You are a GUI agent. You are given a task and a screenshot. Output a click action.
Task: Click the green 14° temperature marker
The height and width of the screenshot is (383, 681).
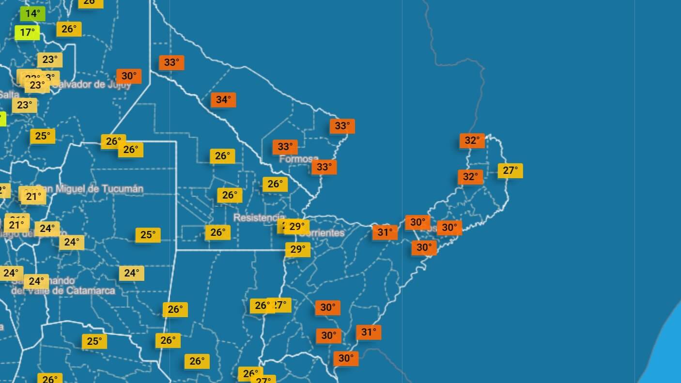tap(32, 14)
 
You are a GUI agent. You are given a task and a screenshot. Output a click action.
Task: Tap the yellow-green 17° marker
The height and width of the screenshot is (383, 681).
tap(27, 32)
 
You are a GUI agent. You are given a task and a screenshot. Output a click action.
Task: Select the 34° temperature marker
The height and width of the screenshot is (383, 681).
tap(223, 100)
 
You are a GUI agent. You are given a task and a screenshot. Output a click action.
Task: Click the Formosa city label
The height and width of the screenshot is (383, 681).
tap(299, 158)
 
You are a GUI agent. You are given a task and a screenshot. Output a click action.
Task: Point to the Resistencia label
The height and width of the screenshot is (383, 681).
tap(259, 217)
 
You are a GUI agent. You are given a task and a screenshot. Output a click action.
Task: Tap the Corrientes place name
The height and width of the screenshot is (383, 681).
tap(322, 233)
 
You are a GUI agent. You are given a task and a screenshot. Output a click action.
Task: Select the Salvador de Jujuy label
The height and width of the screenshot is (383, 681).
tap(92, 85)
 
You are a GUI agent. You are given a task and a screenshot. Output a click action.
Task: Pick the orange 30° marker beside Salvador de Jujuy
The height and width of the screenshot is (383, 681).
tap(129, 76)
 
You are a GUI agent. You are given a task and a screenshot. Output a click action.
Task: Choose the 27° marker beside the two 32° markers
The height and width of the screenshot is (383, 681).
tap(510, 170)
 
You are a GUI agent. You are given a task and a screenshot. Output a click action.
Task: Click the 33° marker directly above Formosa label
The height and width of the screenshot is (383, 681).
tap(285, 147)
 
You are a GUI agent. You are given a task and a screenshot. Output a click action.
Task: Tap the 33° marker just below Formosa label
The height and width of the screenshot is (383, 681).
tap(324, 167)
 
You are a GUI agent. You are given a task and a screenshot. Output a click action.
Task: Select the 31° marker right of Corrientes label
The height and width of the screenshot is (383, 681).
tap(385, 232)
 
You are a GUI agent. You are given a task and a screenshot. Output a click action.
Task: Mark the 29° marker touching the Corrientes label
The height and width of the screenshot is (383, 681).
tap(296, 226)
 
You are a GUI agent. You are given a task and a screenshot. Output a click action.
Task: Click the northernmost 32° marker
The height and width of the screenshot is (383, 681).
tap(472, 140)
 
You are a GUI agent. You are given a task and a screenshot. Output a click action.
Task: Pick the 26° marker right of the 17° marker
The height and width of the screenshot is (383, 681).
tap(69, 29)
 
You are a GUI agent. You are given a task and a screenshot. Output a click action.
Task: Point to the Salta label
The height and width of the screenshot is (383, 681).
tap(9, 95)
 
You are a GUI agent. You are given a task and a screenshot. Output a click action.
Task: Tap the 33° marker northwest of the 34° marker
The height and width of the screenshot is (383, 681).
tap(171, 62)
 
